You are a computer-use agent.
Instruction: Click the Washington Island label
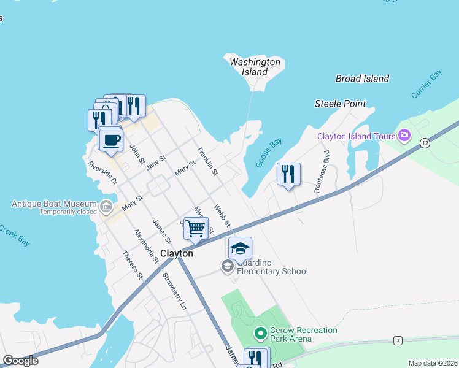point(255,67)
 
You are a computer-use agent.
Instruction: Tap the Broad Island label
point(362,79)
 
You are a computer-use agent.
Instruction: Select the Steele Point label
point(340,104)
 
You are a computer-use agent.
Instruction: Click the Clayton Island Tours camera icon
point(404,135)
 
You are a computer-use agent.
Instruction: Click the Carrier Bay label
point(427,85)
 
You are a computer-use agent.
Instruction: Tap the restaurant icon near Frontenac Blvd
point(288,174)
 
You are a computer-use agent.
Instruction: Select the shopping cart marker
point(196,228)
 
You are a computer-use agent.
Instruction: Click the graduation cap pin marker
point(240,248)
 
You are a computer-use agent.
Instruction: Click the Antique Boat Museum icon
point(106,205)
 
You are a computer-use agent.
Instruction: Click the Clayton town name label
point(177,253)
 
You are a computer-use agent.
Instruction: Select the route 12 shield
point(425,143)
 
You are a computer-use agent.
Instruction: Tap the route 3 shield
point(398,340)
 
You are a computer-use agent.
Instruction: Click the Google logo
point(20,361)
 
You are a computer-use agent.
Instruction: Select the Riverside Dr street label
point(102,173)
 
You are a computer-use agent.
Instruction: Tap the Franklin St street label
point(207,161)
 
